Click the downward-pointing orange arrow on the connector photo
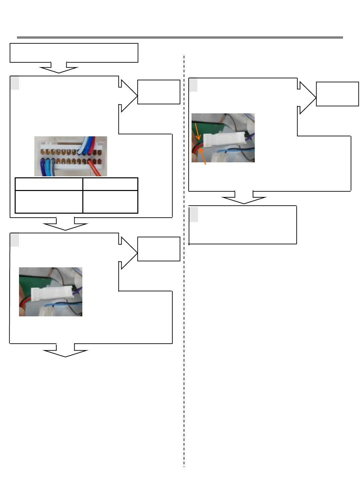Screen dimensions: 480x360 tap(197, 132)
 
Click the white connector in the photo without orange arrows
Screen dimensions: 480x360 tap(52, 293)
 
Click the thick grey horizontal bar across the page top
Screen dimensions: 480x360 tap(180, 37)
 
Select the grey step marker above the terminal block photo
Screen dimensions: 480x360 tap(15, 83)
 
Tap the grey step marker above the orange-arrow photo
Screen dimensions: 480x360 tap(193, 85)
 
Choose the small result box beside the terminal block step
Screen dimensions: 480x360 tap(159, 92)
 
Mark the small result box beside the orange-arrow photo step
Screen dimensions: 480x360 tap(337, 94)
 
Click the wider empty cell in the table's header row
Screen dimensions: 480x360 tap(49, 184)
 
